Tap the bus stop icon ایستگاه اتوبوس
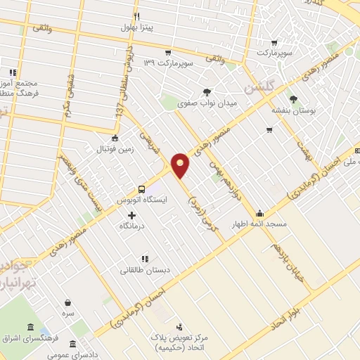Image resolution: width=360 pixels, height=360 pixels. point(142,189)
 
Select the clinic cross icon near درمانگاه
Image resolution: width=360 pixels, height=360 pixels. point(131,214)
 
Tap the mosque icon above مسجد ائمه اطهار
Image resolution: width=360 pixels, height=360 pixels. point(259,213)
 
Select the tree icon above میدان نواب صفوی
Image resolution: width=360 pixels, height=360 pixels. point(207,92)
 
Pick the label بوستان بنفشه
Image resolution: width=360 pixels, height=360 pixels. point(294,111)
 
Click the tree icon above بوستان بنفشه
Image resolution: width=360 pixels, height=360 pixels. point(293,100)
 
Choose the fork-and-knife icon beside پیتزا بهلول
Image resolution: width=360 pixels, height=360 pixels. point(136,16)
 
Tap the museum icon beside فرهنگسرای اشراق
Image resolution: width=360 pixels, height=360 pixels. point(30,328)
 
